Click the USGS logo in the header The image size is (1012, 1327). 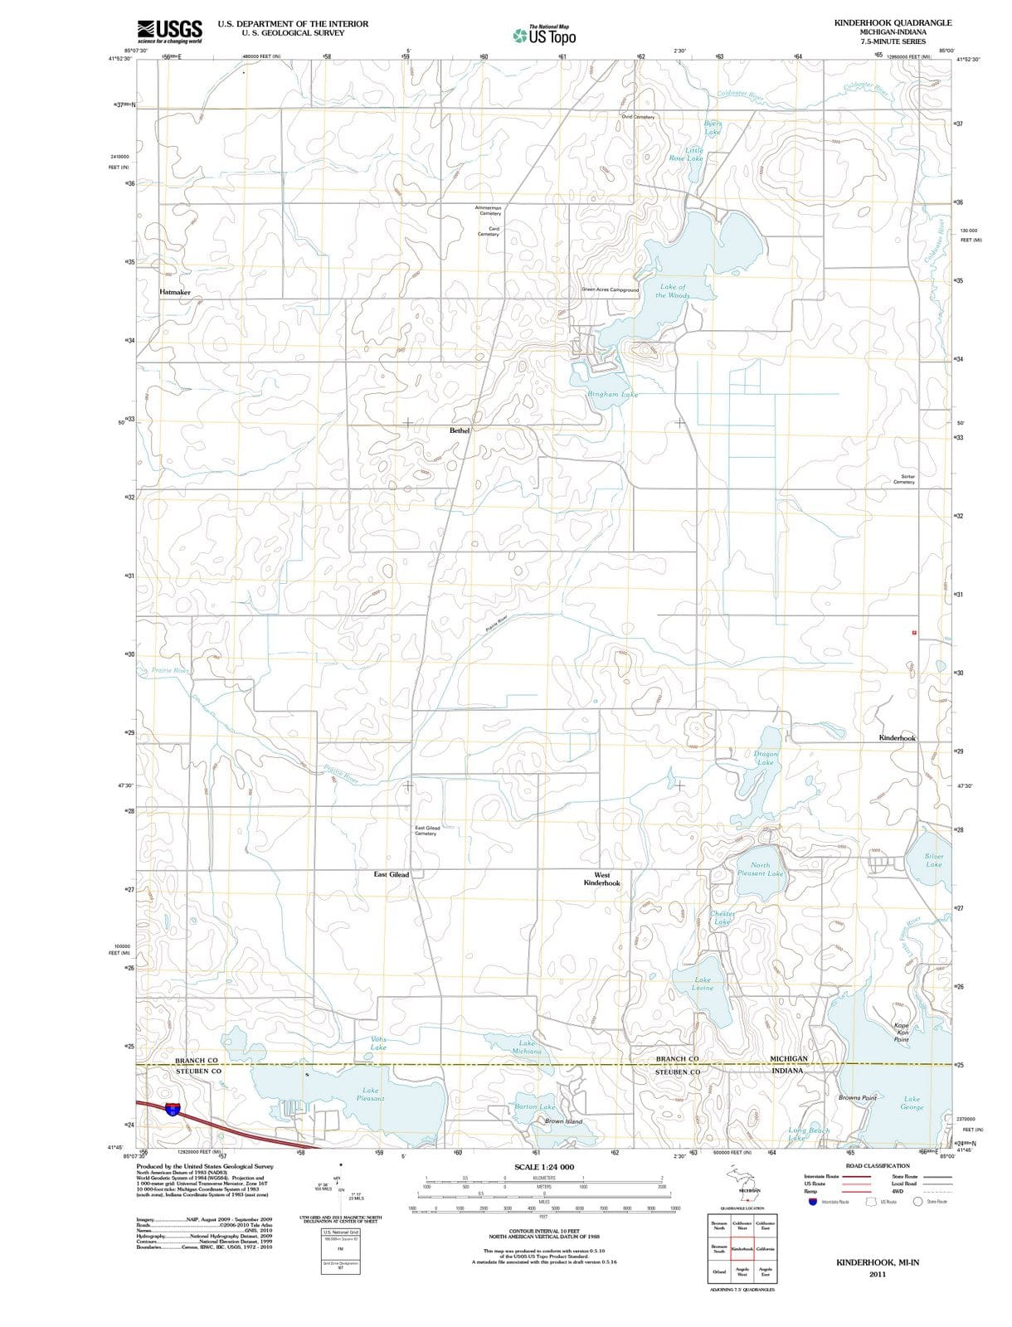tap(169, 31)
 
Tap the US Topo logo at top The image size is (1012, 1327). tap(544, 36)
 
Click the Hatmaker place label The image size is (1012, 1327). tap(175, 293)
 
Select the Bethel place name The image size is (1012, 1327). tap(460, 430)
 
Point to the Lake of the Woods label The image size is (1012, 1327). tap(673, 291)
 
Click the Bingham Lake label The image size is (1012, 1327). tap(612, 395)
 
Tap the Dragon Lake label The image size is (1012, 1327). tap(766, 758)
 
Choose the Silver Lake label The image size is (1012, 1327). tap(934, 860)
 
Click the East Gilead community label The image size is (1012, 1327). tap(392, 874)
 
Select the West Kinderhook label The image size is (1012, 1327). tap(601, 879)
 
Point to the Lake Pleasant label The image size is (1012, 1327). tap(370, 1094)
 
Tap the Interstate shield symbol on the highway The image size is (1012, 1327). tap(172, 1109)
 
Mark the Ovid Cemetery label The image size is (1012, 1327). tap(638, 117)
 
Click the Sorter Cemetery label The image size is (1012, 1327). tap(904, 479)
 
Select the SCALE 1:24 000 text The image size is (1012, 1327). tap(544, 1167)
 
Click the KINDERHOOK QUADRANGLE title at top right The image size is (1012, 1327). tap(893, 23)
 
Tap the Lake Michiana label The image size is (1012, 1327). tap(526, 1047)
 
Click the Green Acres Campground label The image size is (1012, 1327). tap(611, 290)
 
